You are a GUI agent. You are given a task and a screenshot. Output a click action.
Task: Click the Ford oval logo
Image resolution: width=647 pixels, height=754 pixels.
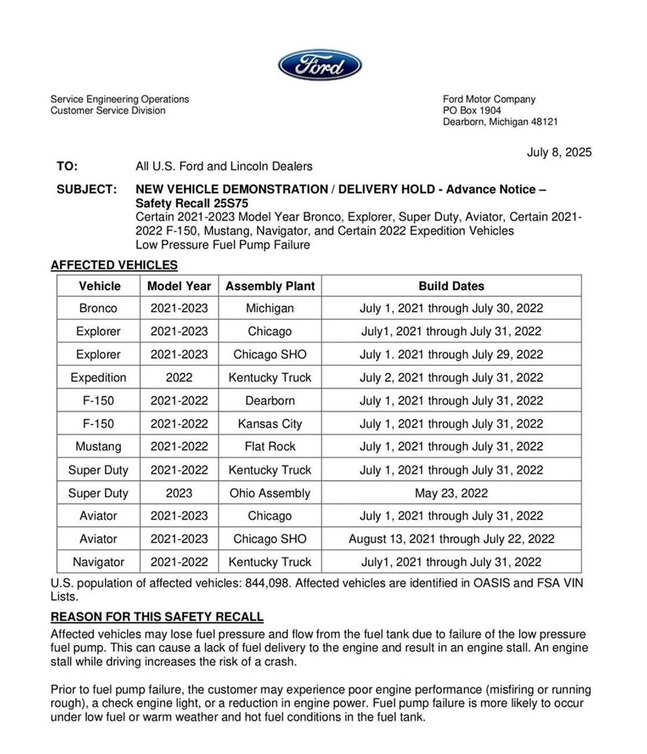[x=319, y=65]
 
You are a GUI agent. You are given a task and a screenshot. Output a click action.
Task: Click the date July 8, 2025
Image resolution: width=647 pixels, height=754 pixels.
[x=559, y=152]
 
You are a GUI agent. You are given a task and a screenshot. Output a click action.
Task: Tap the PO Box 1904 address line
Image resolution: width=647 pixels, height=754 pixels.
[x=471, y=110]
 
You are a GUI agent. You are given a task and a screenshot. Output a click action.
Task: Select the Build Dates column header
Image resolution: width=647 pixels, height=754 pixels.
[x=451, y=286]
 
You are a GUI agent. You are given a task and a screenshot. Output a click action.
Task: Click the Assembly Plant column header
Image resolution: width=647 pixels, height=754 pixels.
[x=270, y=286]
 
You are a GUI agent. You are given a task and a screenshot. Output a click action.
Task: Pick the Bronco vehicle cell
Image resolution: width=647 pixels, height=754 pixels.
[x=98, y=308]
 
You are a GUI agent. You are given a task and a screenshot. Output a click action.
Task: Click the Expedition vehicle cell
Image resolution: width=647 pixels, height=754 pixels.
[x=98, y=378]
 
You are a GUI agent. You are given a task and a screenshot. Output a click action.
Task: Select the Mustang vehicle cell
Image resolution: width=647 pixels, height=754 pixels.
[x=98, y=447]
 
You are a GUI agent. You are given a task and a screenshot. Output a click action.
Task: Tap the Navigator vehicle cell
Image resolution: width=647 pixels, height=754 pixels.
[x=98, y=562]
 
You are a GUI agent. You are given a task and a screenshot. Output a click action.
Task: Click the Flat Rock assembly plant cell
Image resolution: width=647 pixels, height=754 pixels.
[x=270, y=447]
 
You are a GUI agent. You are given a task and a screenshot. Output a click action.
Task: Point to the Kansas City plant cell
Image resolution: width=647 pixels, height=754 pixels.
[x=270, y=424]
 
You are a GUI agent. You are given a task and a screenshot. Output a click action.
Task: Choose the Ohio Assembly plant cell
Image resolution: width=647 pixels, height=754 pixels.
[x=270, y=493]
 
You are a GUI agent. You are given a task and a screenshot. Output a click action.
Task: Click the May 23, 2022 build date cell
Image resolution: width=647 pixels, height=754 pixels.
[x=451, y=493]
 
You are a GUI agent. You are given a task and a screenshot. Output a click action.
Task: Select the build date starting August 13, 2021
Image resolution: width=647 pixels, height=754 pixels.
[x=451, y=539]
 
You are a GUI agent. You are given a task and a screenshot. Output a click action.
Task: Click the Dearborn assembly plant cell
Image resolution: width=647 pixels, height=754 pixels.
[x=270, y=401]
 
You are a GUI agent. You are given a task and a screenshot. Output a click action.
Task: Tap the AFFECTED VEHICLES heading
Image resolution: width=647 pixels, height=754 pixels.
[x=114, y=265]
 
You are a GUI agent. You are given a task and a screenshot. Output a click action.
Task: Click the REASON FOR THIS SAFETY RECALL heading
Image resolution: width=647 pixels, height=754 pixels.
[x=157, y=617]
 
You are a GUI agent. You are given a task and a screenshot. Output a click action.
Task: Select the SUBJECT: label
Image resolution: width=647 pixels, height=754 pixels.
[x=86, y=189]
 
